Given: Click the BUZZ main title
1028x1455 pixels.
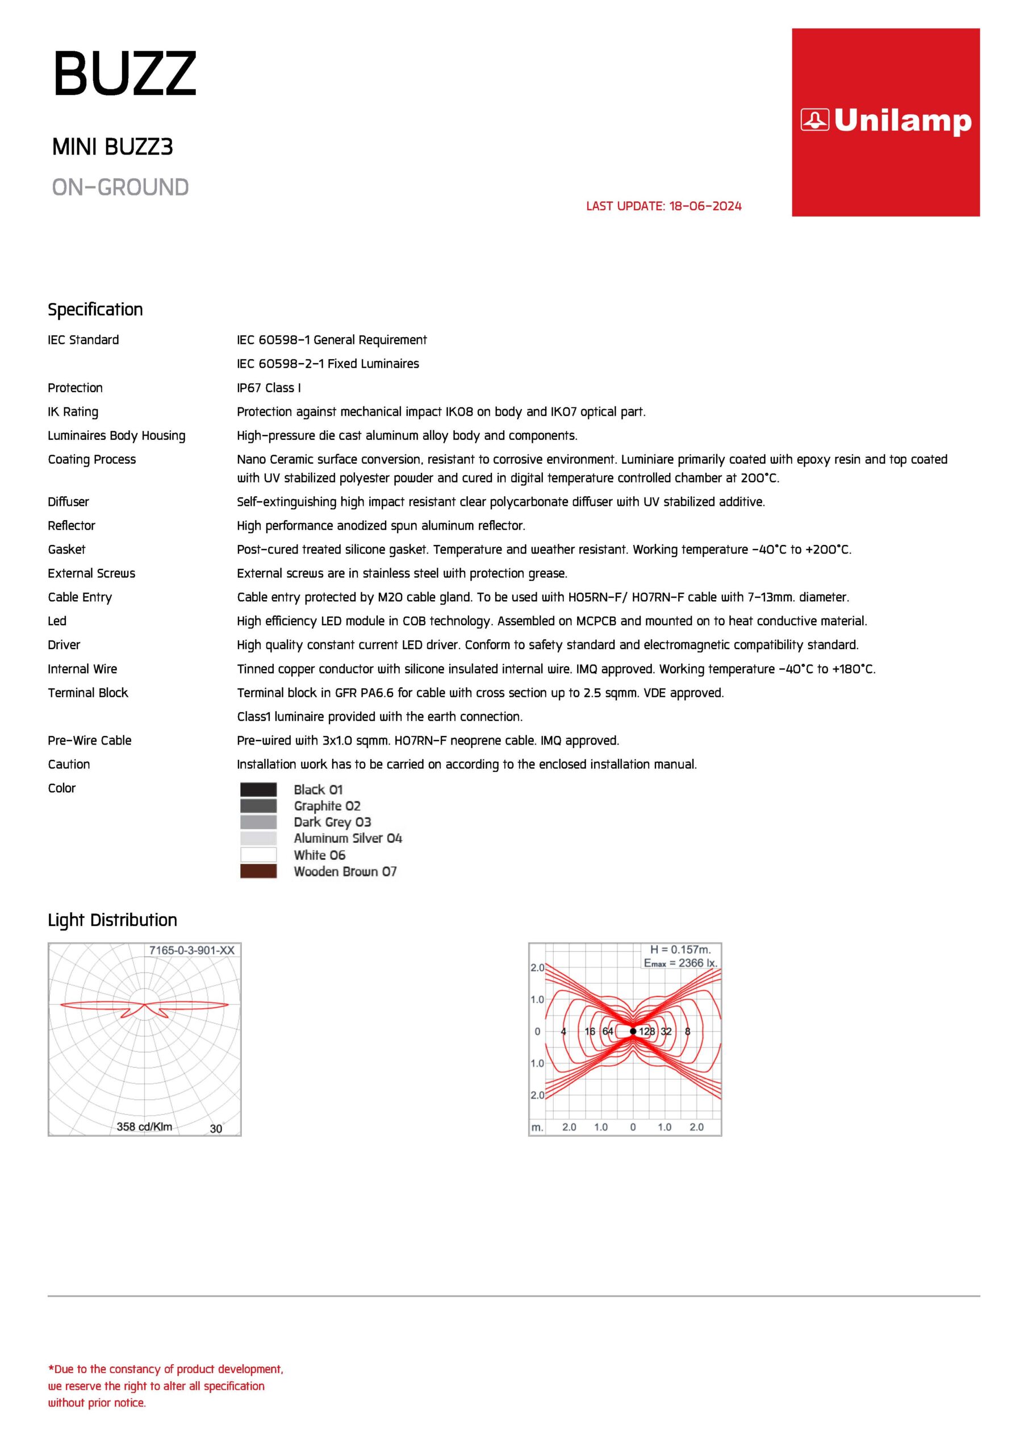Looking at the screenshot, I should (x=125, y=73).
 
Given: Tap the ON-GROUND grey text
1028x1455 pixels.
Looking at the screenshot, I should (x=120, y=188).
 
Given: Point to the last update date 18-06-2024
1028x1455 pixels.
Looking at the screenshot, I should (x=705, y=206).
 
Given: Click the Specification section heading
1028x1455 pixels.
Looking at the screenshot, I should (x=95, y=310).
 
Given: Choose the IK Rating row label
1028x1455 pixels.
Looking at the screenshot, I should (x=73, y=412).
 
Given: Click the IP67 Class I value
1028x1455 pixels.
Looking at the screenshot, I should (x=269, y=388).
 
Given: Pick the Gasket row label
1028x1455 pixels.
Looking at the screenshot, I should (x=66, y=550).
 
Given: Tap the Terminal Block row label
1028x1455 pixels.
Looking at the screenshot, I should (x=87, y=693).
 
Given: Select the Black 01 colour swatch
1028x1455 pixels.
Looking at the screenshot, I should (x=258, y=789).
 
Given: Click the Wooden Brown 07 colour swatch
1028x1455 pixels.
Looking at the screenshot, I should (x=258, y=871).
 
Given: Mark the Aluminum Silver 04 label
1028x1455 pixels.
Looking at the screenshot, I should (x=348, y=838).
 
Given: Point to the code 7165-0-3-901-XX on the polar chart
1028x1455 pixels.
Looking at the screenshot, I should (x=191, y=950).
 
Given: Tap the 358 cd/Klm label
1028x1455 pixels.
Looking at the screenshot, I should (x=144, y=1126).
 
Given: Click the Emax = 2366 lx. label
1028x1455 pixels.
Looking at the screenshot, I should (x=680, y=963).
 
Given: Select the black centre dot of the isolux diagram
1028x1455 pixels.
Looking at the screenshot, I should (x=633, y=1031).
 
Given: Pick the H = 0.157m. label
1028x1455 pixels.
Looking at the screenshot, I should (x=680, y=949).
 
